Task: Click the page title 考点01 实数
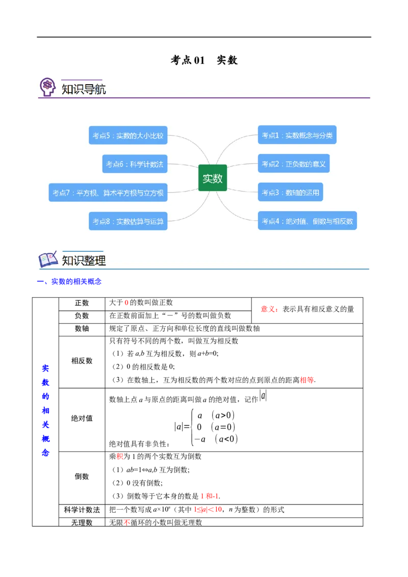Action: [204, 60]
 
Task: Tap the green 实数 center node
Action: [213, 178]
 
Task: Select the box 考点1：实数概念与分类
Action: [297, 135]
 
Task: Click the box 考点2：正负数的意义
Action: [293, 164]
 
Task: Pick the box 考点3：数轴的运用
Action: [290, 192]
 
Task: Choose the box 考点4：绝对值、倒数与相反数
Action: [307, 221]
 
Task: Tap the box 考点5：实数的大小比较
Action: [128, 136]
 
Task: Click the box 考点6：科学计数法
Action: [135, 164]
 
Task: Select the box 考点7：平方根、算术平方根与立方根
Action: [108, 193]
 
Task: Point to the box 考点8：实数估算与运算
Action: [128, 221]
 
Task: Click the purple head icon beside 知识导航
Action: [47, 87]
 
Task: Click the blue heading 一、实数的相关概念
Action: [69, 281]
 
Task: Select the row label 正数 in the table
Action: [82, 303]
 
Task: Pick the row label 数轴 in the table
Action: [82, 329]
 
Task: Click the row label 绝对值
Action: [82, 418]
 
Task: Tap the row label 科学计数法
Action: [82, 510]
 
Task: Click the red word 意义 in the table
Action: [268, 309]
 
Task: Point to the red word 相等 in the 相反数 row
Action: [307, 380]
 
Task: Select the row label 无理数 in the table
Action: [82, 522]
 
